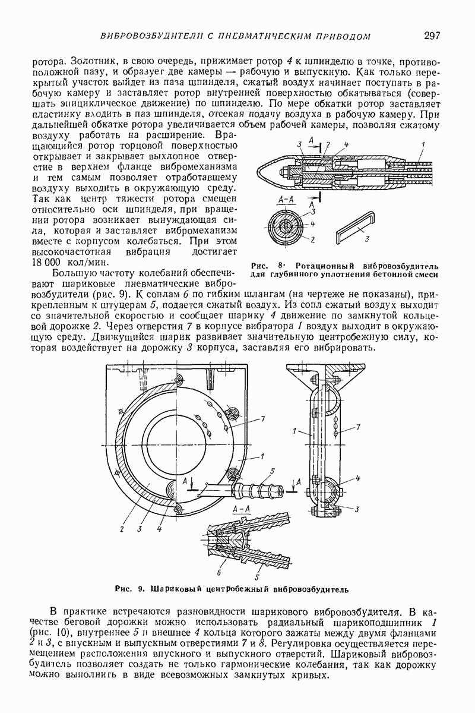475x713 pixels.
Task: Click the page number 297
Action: tap(432, 35)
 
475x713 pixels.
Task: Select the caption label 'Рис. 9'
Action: tap(130, 589)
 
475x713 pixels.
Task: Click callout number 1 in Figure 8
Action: tap(423, 145)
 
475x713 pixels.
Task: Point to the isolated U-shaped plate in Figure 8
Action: tap(355, 225)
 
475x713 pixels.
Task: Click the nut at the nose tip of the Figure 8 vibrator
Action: tap(282, 172)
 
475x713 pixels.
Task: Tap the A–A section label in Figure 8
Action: tap(286, 200)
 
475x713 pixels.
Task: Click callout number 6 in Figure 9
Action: tap(219, 573)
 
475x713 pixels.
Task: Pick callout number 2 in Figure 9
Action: tap(122, 529)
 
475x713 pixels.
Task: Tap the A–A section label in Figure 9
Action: tap(242, 509)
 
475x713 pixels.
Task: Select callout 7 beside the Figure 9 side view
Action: tap(359, 427)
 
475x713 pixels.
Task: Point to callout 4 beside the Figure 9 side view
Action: tap(358, 478)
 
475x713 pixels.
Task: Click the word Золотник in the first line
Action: tap(94, 61)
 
